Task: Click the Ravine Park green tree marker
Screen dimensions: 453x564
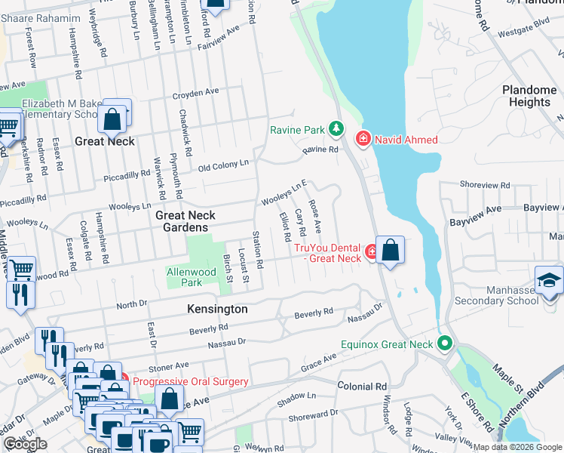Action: click(336, 130)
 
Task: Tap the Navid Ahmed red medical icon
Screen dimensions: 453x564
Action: click(363, 139)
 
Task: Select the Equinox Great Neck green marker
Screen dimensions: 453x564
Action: click(446, 344)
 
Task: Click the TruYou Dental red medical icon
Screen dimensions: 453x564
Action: click(371, 251)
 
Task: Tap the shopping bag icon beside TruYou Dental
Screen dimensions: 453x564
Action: click(390, 251)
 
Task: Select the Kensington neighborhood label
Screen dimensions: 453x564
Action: click(217, 310)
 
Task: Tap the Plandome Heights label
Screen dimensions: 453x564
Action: click(529, 96)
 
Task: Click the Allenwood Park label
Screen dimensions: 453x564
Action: click(185, 276)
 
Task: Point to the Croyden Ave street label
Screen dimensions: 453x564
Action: click(195, 93)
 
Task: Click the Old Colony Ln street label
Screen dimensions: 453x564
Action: click(223, 165)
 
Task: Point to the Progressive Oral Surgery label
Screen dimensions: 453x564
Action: click(191, 381)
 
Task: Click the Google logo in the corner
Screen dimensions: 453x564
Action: click(25, 444)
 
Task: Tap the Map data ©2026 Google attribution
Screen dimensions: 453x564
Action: click(517, 447)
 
